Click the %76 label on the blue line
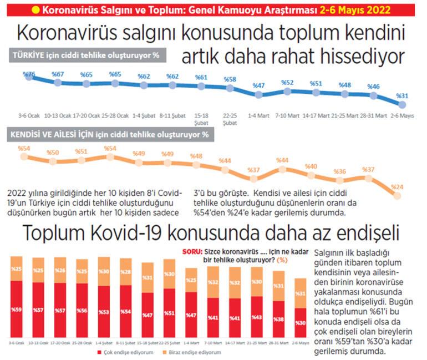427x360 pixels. pos(29,74)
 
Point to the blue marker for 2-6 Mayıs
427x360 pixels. pos(403,104)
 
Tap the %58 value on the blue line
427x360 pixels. pos(230,79)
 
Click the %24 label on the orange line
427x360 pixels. pos(397,187)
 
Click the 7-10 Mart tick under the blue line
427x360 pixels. pos(287,116)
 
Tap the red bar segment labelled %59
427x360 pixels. pos(17,308)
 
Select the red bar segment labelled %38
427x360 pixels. pos(278,319)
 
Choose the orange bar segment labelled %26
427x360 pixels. pos(60,270)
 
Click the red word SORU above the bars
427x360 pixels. pos(191,251)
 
